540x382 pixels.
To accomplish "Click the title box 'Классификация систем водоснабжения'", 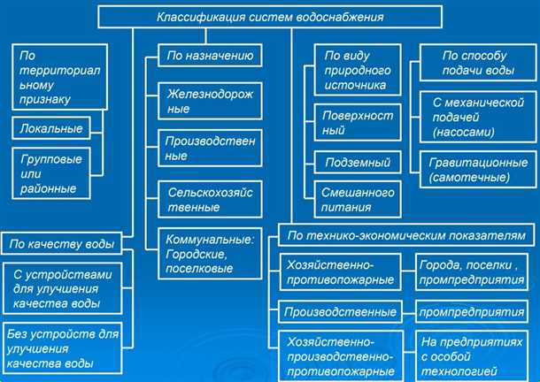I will [x=270, y=16].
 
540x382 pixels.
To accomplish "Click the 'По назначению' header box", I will [x=211, y=56].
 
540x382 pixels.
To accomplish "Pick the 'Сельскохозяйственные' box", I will [x=211, y=198].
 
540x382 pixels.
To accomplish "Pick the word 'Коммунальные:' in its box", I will [x=210, y=239].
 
